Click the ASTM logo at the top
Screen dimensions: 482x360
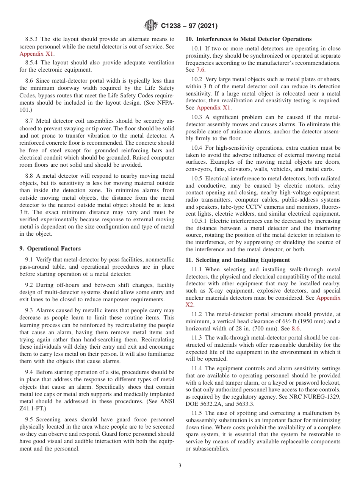(151, 26)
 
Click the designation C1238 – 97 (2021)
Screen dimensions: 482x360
(189, 26)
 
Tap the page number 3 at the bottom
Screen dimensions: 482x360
(180, 465)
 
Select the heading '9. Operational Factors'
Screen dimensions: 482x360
(50, 249)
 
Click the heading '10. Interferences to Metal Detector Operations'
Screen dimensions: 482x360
(249, 39)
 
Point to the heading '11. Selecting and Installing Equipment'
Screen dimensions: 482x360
(238, 260)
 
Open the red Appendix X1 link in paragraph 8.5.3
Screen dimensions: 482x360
(36, 53)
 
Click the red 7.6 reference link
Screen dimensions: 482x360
(200, 70)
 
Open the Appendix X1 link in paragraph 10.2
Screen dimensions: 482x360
(213, 108)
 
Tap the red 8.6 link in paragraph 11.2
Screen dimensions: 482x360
(296, 329)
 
